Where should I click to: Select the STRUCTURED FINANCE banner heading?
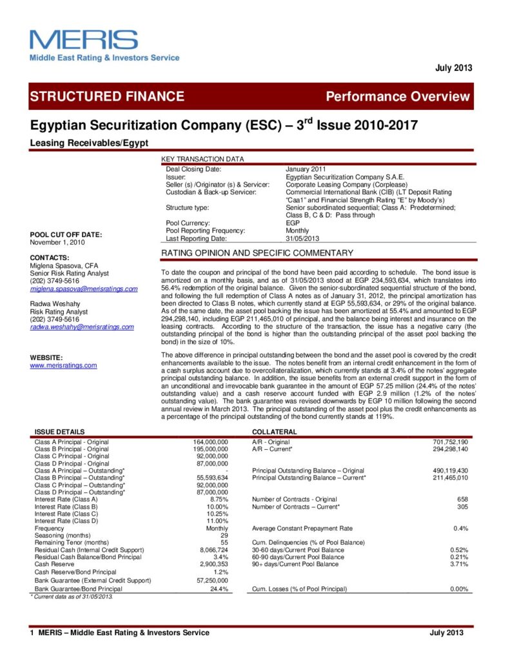107,97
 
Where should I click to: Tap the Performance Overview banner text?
398,97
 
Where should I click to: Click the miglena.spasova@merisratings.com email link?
84,289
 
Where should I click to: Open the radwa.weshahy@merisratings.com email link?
82,327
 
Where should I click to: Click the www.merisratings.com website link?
63,365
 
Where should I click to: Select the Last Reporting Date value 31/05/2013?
302,238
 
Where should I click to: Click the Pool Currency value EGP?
293,223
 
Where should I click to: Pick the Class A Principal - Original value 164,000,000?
211,442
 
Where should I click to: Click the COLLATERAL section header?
274,431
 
